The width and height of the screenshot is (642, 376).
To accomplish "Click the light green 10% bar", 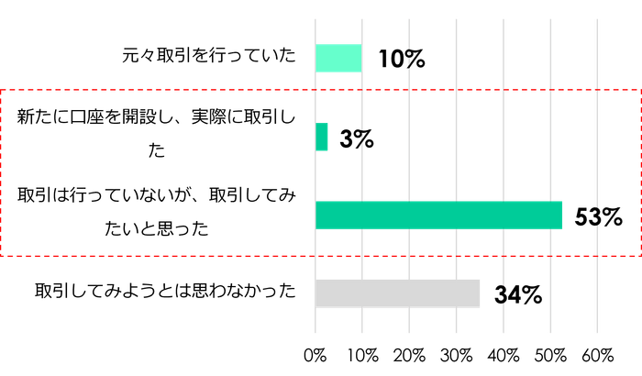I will click(x=338, y=58).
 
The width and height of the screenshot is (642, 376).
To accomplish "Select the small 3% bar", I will click(x=322, y=138).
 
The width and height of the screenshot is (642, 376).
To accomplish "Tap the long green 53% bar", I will click(x=439, y=215).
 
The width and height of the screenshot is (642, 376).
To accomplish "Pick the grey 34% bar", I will click(x=398, y=293).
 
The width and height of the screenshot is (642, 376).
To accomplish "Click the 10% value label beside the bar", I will click(x=401, y=60).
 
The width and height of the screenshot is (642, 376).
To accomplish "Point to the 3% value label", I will click(x=356, y=139).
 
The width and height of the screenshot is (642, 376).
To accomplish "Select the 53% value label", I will click(x=597, y=217).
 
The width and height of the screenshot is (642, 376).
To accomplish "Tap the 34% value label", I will click(x=517, y=295).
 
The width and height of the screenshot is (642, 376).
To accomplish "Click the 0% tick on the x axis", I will click(x=315, y=354).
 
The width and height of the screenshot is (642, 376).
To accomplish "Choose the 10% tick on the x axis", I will click(x=363, y=354).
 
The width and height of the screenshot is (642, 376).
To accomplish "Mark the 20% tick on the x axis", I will click(x=410, y=354).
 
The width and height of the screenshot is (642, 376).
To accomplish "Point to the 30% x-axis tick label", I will click(x=457, y=354).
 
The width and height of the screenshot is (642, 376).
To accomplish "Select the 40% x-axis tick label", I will click(x=504, y=354).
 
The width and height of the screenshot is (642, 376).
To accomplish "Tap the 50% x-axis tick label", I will click(x=550, y=354).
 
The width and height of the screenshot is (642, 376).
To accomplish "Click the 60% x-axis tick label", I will click(x=597, y=354).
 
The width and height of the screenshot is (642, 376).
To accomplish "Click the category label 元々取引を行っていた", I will click(x=210, y=57).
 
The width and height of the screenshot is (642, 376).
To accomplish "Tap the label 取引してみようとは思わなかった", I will click(x=165, y=292).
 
